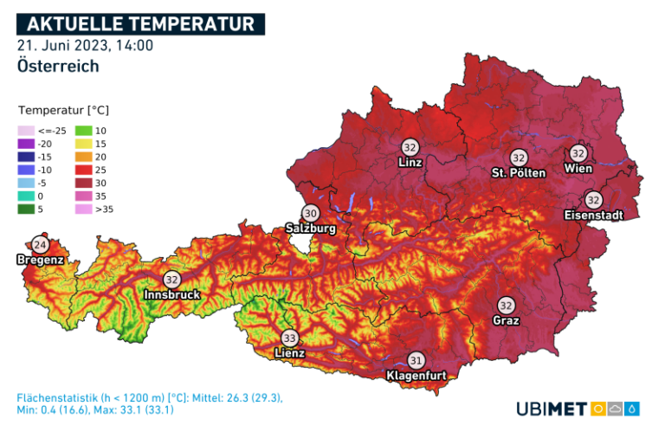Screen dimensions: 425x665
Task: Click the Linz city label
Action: (x=410, y=162)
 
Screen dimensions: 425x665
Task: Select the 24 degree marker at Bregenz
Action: (x=40, y=244)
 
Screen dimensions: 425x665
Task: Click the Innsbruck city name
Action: (x=172, y=294)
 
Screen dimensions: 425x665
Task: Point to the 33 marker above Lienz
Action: (x=289, y=338)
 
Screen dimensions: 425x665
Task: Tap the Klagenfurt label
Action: (x=416, y=376)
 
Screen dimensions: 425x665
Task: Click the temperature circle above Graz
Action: (x=506, y=306)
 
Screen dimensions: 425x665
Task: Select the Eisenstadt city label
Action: (x=593, y=215)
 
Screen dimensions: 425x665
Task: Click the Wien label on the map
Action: (x=578, y=168)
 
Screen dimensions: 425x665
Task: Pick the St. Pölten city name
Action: (x=519, y=172)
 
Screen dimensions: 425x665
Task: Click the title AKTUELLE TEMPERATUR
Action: (x=140, y=23)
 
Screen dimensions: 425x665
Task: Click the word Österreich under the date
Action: (x=57, y=66)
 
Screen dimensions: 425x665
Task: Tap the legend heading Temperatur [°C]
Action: (x=63, y=111)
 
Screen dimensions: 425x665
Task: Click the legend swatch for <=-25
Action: (x=25, y=131)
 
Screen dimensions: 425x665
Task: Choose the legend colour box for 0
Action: (x=25, y=196)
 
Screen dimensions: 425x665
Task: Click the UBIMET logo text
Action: (x=552, y=408)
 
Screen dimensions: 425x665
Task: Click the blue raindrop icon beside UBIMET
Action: (x=634, y=408)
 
